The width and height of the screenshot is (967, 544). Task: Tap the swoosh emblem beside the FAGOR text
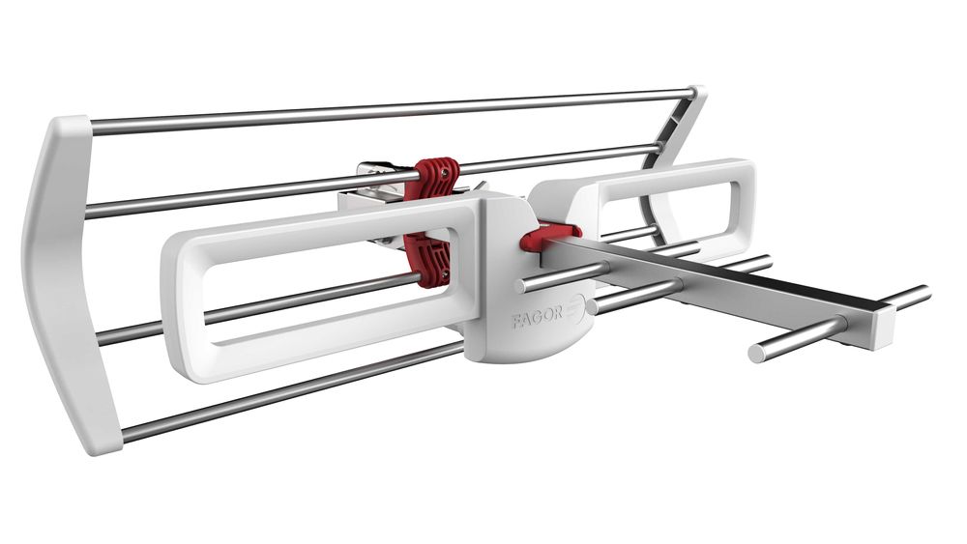pyautogui.click(x=574, y=308)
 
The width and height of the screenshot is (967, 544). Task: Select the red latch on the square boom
pyautogui.click(x=548, y=238)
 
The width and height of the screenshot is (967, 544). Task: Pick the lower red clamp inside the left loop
pyautogui.click(x=426, y=258)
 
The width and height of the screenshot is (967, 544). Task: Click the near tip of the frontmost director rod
pyautogui.click(x=757, y=353)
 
